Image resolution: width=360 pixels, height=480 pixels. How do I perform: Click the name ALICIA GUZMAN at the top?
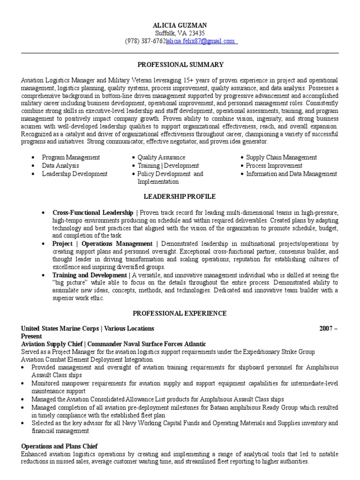[x=180, y=25]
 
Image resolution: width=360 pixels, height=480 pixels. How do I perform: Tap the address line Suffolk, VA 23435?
[x=180, y=33]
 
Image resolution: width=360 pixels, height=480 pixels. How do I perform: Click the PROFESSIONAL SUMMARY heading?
[x=180, y=64]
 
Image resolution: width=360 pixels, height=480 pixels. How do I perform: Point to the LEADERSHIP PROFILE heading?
[x=180, y=196]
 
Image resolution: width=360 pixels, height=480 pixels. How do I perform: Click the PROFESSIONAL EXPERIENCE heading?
[x=180, y=313]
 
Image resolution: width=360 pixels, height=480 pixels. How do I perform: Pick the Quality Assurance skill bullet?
[x=161, y=157]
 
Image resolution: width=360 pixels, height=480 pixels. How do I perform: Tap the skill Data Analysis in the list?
[x=60, y=165]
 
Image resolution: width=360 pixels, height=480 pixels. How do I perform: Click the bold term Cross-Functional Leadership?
[x=93, y=212]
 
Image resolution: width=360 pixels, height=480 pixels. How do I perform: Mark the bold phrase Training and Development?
[x=89, y=275]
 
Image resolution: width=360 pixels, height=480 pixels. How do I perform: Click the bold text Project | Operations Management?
[x=102, y=244]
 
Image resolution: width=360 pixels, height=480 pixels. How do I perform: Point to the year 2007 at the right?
[x=326, y=328]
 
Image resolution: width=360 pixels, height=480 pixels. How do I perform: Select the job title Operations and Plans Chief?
[x=59, y=446]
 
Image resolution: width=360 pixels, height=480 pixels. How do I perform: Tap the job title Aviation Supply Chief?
[x=52, y=344]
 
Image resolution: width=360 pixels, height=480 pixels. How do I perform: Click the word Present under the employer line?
[x=32, y=336]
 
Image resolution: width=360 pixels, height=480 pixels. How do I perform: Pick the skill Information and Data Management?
[x=292, y=173]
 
